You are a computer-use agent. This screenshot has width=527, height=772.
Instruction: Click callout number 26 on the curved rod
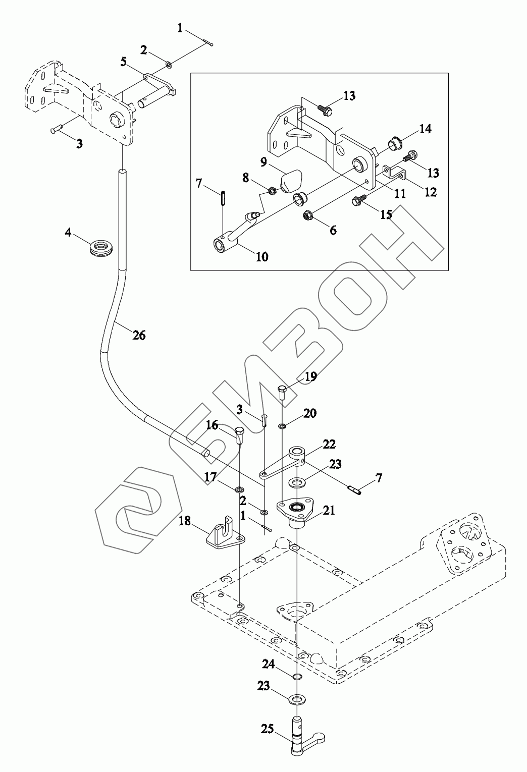pyautogui.click(x=139, y=334)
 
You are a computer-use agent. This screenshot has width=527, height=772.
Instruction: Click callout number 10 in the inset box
pyautogui.click(x=262, y=256)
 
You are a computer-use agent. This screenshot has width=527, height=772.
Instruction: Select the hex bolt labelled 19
pyautogui.click(x=282, y=392)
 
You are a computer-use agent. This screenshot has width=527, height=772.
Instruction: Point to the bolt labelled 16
pyautogui.click(x=240, y=433)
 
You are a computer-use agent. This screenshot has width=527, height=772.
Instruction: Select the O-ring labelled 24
pyautogui.click(x=297, y=677)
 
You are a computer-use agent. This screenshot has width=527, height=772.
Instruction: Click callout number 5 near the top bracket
pyautogui.click(x=123, y=62)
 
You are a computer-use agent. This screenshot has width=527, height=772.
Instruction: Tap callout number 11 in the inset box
pyautogui.click(x=400, y=193)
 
